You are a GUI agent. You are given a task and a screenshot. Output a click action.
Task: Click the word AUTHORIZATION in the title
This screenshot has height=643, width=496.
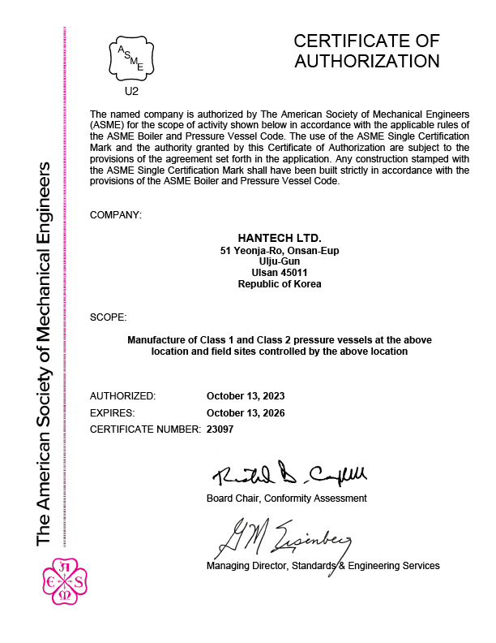tap(366, 61)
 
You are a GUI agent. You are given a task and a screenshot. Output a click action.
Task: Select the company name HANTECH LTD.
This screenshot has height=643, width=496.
tap(280, 238)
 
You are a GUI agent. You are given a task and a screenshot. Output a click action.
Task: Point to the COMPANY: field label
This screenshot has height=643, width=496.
tap(116, 215)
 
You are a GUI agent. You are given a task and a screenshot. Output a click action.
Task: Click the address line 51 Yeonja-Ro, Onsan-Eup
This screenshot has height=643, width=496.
tap(280, 251)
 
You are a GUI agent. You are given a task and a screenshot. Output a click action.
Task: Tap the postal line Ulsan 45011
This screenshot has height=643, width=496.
tap(280, 273)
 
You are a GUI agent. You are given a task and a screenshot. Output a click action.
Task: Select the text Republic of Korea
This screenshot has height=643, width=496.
tap(280, 284)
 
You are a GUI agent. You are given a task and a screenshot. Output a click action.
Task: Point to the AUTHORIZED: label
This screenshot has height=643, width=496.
tap(122, 396)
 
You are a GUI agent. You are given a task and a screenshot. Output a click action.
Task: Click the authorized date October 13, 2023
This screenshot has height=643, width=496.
tap(246, 396)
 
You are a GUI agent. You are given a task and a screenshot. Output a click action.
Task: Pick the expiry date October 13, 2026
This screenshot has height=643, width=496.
tap(246, 412)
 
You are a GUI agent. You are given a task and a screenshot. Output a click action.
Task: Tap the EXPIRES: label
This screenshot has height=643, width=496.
tap(113, 412)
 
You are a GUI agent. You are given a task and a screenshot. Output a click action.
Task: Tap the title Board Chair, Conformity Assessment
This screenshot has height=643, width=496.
tap(286, 498)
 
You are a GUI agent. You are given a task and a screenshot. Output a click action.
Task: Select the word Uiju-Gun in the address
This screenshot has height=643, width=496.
tap(280, 262)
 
